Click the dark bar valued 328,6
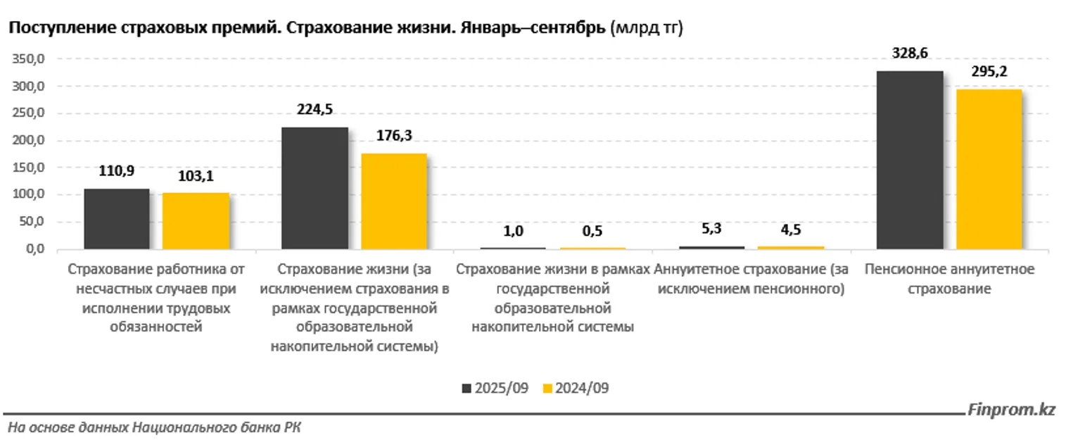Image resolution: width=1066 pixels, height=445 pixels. (x=909, y=160)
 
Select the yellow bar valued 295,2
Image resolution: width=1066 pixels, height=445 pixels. (x=989, y=169)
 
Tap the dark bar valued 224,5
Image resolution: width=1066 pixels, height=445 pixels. (x=315, y=188)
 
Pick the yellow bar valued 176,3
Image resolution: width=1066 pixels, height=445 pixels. (x=393, y=201)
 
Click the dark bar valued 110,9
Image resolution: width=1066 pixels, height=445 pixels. (x=117, y=218)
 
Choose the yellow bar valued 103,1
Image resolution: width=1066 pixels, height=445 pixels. (x=196, y=220)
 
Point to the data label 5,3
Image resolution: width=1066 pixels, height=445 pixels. (x=711, y=229)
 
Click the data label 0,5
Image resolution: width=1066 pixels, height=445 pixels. (x=592, y=231)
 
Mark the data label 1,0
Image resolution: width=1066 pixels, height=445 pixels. (x=513, y=230)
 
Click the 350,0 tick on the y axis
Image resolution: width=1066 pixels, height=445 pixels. (x=28, y=59)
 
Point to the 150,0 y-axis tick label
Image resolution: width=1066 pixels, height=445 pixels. (x=28, y=168)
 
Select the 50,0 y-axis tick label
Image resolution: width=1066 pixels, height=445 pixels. (x=30, y=222)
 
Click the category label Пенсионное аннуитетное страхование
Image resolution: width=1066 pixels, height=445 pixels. (x=949, y=279)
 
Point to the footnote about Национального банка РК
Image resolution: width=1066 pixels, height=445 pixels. (x=154, y=427)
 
